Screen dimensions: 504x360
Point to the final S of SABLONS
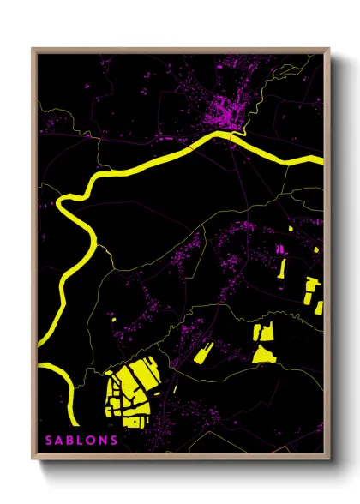coord(117,441)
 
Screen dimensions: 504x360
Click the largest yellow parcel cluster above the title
coord(129,391)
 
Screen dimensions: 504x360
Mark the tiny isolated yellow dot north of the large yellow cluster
coord(114,321)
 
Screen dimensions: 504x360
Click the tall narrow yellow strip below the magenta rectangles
coord(283,267)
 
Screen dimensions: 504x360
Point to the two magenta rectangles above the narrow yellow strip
coord(279,249)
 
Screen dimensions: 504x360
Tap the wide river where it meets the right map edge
coord(319,160)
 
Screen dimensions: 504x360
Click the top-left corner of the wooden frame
coord(33,50)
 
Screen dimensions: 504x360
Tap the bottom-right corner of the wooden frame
coord(328,458)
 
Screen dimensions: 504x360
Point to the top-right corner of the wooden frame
coord(328,50)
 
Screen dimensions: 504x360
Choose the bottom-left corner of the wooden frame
coord(33,458)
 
